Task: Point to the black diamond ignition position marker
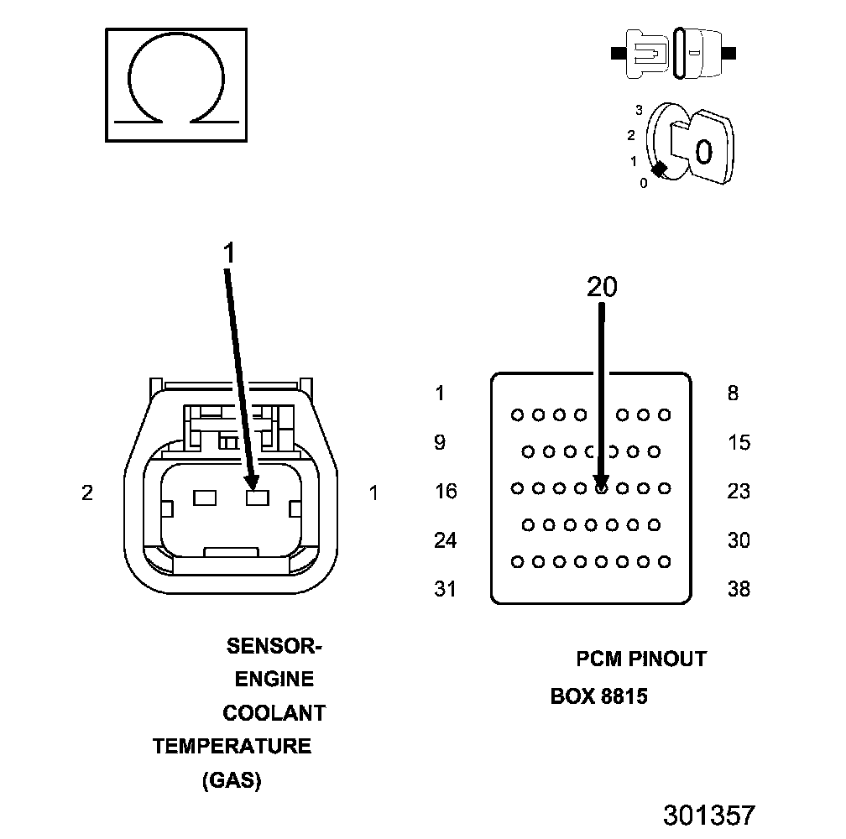point(660,169)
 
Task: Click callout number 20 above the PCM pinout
point(602,287)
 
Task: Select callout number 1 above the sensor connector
point(230,252)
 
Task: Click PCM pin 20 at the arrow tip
point(601,487)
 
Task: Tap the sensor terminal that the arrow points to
point(255,497)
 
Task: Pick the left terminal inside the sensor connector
point(205,497)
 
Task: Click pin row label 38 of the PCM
point(739,589)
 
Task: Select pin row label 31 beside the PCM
point(446,589)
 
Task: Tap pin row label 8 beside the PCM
point(733,393)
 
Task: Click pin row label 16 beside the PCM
point(446,491)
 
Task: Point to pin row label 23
point(739,491)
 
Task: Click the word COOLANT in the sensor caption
point(274,713)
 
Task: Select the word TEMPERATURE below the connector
point(232,746)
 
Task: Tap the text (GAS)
point(232,780)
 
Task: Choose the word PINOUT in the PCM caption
point(668,659)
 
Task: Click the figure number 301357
point(709,815)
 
